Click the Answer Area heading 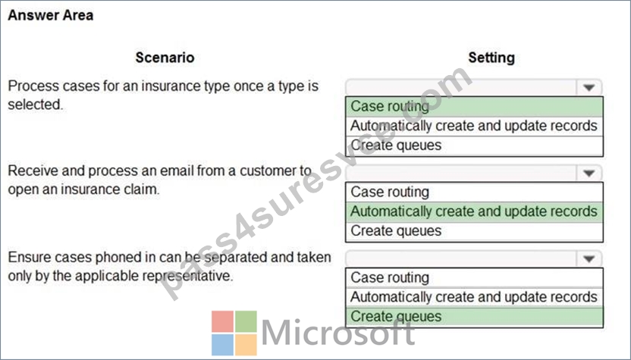tap(51, 15)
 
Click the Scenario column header tap(165, 58)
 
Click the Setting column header tap(491, 58)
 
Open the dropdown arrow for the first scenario tap(589, 87)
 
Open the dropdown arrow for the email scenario tap(589, 173)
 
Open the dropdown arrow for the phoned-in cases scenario tap(589, 258)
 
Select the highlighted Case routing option tap(390, 106)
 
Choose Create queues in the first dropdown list tap(396, 146)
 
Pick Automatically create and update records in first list tap(474, 126)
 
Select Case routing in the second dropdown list tap(390, 192)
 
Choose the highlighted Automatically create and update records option tap(474, 211)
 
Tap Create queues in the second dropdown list tap(396, 231)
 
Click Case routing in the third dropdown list tap(390, 277)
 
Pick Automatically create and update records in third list tap(474, 297)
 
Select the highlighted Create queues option tap(396, 317)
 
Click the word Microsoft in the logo tap(338, 332)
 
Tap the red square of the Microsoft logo tap(222, 321)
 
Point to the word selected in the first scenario tap(36, 105)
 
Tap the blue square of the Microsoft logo tap(222, 345)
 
